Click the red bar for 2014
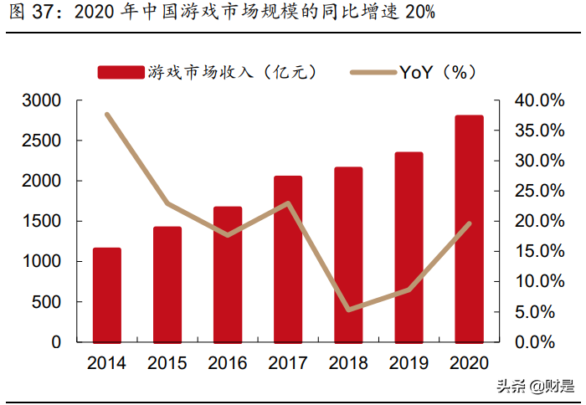coord(107,295)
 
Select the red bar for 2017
coord(288,259)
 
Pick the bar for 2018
coord(348,255)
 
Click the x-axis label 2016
coord(227,364)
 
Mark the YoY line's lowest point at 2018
coord(348,310)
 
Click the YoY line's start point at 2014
coord(107,115)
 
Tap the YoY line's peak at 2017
coord(288,203)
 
